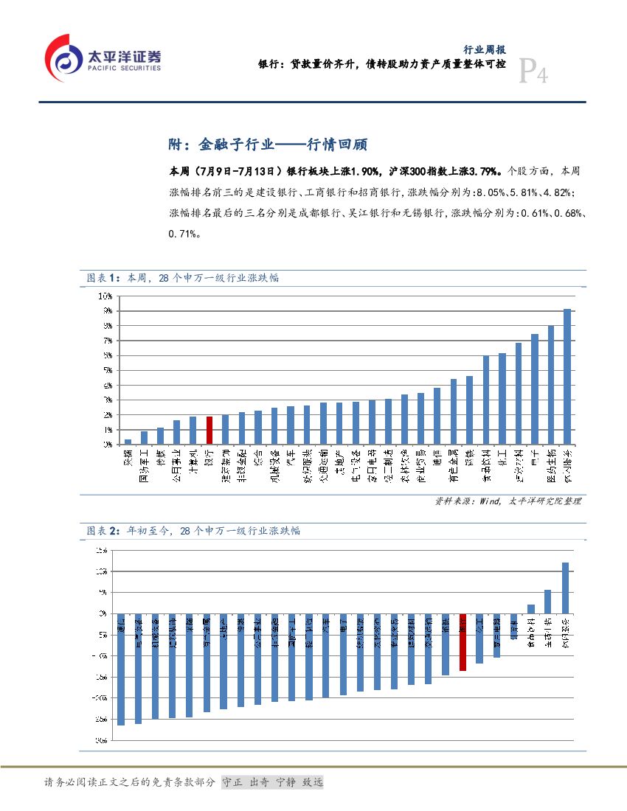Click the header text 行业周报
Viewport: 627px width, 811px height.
click(484, 49)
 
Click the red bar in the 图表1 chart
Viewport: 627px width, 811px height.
click(209, 431)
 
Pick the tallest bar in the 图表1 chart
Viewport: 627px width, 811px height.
click(567, 377)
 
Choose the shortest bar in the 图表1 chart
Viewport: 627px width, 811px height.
click(128, 442)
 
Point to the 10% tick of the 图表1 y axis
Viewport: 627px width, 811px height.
click(105, 296)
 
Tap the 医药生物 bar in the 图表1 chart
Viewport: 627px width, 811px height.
click(551, 385)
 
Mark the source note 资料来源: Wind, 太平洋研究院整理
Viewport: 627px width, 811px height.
click(508, 501)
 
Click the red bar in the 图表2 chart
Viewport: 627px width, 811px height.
click(463, 642)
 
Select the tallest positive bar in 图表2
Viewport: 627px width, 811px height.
click(565, 588)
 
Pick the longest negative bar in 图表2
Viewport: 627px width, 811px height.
click(121, 669)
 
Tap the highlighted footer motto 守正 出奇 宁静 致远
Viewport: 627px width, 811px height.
click(272, 782)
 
